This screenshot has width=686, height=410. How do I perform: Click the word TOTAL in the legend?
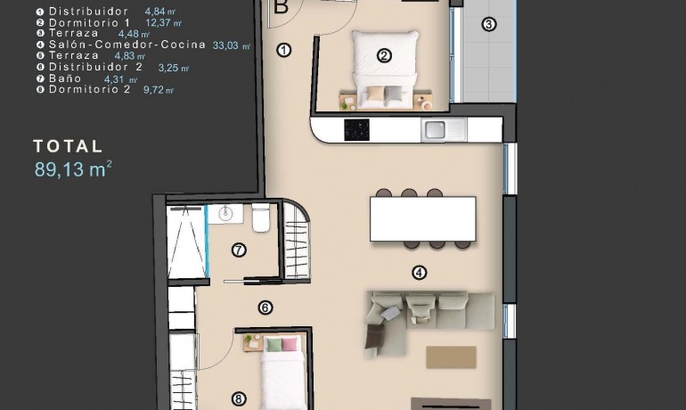(69, 146)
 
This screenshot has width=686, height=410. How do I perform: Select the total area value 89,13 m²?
(73, 169)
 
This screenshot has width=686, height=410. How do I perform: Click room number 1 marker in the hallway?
(284, 50)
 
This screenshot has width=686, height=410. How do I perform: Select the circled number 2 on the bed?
(384, 55)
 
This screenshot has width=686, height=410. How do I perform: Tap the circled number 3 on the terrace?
(488, 24)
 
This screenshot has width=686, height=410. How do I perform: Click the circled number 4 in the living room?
(419, 273)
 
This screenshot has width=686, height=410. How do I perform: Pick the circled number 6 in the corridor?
(265, 308)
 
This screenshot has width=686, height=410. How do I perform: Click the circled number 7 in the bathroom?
(239, 250)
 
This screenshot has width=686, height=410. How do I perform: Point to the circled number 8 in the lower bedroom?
(239, 399)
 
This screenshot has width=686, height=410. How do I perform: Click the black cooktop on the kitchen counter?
(357, 129)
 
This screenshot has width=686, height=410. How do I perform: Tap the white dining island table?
(422, 217)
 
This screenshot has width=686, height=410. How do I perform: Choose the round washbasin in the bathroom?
(227, 213)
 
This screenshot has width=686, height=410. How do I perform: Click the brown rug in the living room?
(451, 357)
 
